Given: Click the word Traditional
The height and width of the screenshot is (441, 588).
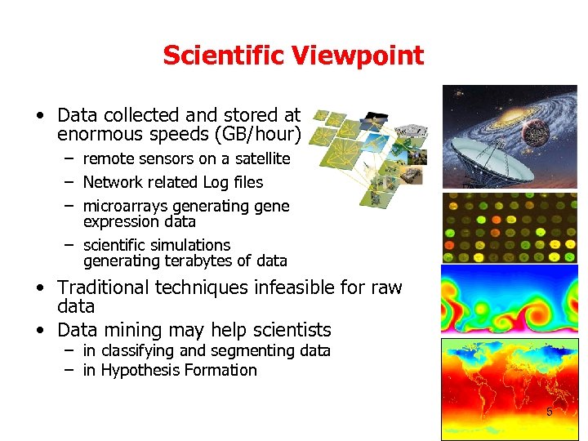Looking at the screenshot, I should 109,287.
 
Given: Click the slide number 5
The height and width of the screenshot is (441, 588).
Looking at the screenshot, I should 549,412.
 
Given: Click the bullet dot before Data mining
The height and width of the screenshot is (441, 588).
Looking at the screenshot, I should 39,331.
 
